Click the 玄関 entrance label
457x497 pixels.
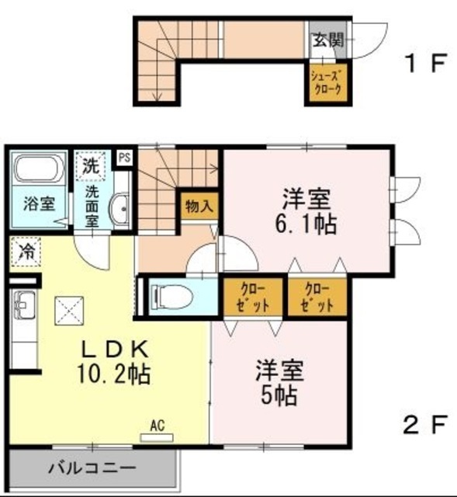[328, 40]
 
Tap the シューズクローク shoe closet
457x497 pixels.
[327, 82]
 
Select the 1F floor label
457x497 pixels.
[426, 63]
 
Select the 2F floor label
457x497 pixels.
[426, 424]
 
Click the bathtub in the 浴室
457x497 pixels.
[40, 169]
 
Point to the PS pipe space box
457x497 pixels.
[125, 158]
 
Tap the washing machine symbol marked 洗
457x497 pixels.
[90, 166]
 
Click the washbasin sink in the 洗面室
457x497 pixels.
[119, 208]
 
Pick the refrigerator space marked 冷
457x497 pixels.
[26, 252]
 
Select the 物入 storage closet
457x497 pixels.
[199, 206]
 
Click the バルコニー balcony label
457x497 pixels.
[92, 467]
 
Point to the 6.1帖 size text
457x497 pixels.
[306, 224]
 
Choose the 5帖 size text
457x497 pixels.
[279, 395]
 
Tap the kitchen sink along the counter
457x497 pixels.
[23, 305]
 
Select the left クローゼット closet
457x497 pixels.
[253, 297]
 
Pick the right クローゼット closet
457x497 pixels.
[317, 297]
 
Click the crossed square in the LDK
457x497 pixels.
[69, 311]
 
